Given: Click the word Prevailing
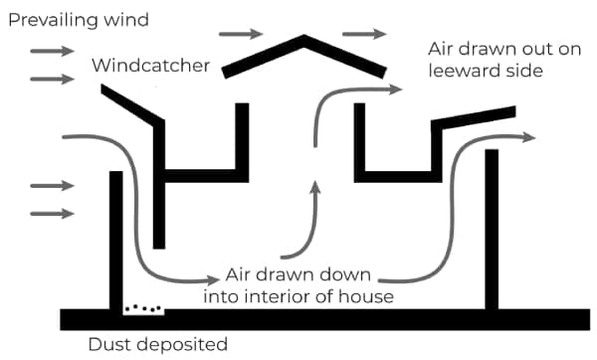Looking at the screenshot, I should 47,19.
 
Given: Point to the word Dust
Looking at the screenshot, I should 105,345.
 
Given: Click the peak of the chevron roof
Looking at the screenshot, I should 303,38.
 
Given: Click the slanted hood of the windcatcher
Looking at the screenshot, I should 130,103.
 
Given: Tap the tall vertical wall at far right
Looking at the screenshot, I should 491,229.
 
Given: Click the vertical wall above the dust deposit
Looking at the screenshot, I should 115,239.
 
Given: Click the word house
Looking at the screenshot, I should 364,295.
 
